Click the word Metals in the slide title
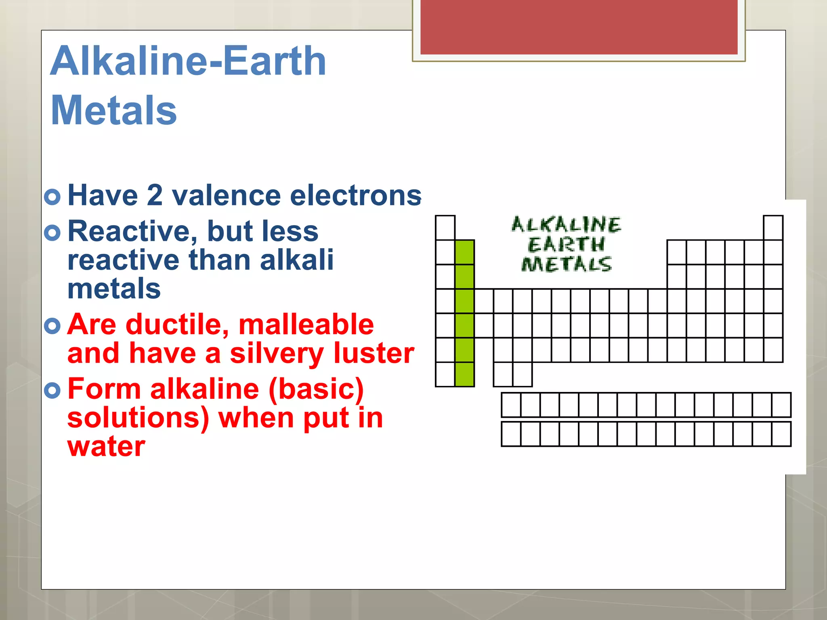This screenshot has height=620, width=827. click(x=114, y=110)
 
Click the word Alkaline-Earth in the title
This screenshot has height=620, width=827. click(x=188, y=61)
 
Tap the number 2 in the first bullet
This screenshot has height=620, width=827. click(x=155, y=195)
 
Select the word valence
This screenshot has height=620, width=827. click(x=226, y=195)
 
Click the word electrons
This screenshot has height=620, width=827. click(x=355, y=195)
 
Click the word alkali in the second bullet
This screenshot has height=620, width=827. click(x=297, y=260)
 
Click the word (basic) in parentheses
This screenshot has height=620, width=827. click(x=316, y=389)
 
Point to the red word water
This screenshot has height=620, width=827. click(x=106, y=446)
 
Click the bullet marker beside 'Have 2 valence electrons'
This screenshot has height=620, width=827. click(x=52, y=197)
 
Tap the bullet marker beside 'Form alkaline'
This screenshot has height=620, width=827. click(x=52, y=390)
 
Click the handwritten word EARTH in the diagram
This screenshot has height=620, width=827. click(x=566, y=245)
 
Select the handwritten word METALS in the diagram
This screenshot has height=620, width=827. click(x=566, y=264)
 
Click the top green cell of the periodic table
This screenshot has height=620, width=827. click(x=464, y=252)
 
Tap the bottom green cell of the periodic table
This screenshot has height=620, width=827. click(x=464, y=374)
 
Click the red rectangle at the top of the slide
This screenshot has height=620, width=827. click(x=579, y=27)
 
